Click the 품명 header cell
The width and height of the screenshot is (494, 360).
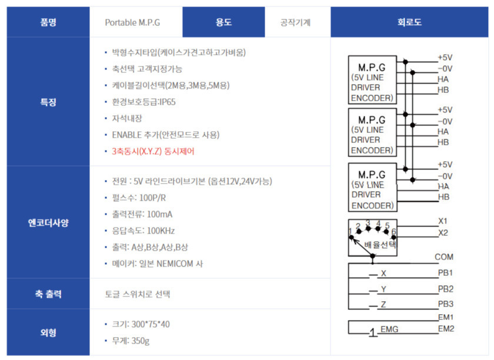point(48,22)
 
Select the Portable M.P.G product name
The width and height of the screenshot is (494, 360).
point(132,23)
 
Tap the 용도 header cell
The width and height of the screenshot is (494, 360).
point(223,22)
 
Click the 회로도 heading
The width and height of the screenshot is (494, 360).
point(409,22)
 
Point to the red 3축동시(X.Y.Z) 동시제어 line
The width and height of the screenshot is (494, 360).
point(153,151)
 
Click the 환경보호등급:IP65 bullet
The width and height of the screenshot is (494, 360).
point(143,102)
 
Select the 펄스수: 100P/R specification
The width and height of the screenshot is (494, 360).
point(139,198)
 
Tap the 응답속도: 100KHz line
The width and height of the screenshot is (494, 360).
point(143,231)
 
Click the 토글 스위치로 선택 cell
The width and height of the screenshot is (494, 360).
point(138,294)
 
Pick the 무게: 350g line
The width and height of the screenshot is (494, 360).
point(131,341)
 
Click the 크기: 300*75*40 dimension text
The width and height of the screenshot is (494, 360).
point(141,324)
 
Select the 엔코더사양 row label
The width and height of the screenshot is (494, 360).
point(48,222)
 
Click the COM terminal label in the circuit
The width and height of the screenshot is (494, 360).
point(444,257)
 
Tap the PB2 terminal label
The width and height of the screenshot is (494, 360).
point(446,289)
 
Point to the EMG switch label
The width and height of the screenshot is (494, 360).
point(389,329)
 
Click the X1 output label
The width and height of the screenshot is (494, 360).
point(443,221)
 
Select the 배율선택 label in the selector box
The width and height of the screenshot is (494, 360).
point(380,245)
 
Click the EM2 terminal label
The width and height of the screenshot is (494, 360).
point(446,329)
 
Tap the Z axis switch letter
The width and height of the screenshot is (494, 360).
point(383,305)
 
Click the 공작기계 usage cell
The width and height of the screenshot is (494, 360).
point(295,22)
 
